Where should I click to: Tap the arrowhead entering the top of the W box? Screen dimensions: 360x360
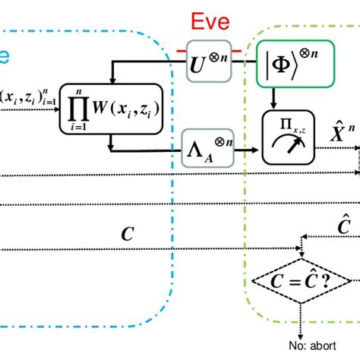(112, 80)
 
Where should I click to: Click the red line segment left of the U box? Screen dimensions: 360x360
(182, 52)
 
